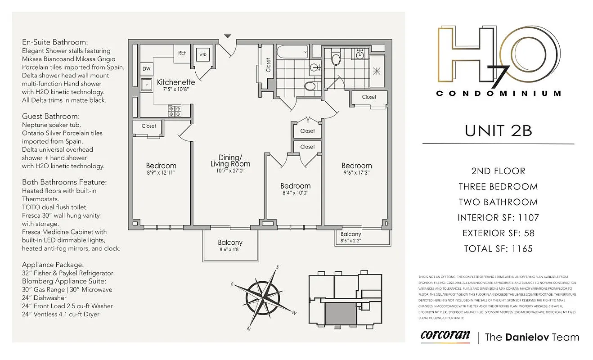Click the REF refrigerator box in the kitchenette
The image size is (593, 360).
click(x=182, y=53)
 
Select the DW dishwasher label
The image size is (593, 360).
click(x=146, y=69)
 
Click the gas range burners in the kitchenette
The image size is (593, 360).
click(x=175, y=110)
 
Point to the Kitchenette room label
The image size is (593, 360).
click(x=176, y=82)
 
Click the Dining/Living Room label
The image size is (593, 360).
click(x=230, y=161)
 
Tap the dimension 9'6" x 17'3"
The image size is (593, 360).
click(x=356, y=173)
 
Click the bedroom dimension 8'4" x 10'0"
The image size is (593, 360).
click(x=295, y=193)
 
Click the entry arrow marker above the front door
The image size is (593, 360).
click(x=228, y=36)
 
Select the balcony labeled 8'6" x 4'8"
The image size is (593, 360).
click(x=230, y=246)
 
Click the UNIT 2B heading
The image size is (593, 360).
click(x=498, y=130)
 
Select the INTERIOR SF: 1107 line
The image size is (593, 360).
click(x=498, y=218)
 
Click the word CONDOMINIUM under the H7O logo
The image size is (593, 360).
click(x=499, y=94)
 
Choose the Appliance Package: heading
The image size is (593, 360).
click(x=53, y=265)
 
